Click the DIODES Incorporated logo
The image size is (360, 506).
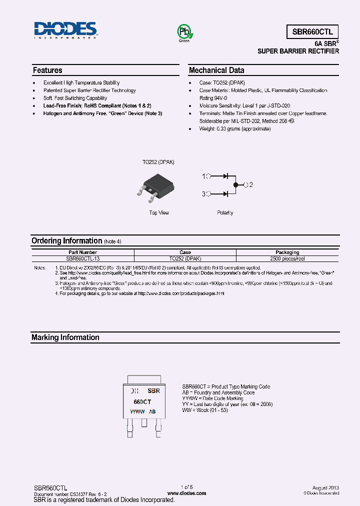click(65, 30)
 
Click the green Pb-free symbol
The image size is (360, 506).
click(184, 32)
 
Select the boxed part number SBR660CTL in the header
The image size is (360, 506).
click(312, 31)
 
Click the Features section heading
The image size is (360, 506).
click(47, 70)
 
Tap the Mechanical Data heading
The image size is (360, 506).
click(216, 70)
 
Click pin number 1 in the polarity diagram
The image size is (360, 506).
click(203, 176)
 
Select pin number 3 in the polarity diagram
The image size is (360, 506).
click(203, 193)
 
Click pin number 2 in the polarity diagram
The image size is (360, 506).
click(251, 185)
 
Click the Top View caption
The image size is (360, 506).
click(159, 213)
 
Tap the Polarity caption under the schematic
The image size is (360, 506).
click(225, 213)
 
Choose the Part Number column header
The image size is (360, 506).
click(83, 252)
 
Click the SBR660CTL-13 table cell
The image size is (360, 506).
click(83, 259)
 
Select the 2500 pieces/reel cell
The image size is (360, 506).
click(287, 259)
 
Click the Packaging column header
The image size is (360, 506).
click(287, 252)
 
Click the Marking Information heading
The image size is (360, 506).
click(65, 337)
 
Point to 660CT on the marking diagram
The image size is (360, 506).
click(142, 401)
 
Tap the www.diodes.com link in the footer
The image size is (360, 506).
click(186, 493)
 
